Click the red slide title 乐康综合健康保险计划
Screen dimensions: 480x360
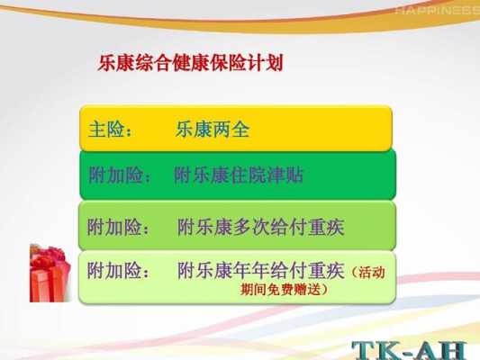190,63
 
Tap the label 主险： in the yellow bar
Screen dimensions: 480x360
110,130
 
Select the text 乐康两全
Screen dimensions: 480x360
213,129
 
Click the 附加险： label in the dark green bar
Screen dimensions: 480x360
120,175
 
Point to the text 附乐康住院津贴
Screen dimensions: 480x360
239,175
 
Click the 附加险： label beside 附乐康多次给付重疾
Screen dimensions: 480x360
118,227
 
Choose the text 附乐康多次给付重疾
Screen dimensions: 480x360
261,227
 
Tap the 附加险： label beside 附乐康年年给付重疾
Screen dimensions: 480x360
118,270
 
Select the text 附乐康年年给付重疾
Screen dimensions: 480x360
261,270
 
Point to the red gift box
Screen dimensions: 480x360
50,273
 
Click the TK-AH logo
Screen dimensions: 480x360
410,350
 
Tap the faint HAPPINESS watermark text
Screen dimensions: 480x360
437,11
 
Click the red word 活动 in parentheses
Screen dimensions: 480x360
372,273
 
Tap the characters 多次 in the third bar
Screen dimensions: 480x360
251,227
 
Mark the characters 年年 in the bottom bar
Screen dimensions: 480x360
251,270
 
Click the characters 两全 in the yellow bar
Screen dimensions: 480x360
231,129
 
